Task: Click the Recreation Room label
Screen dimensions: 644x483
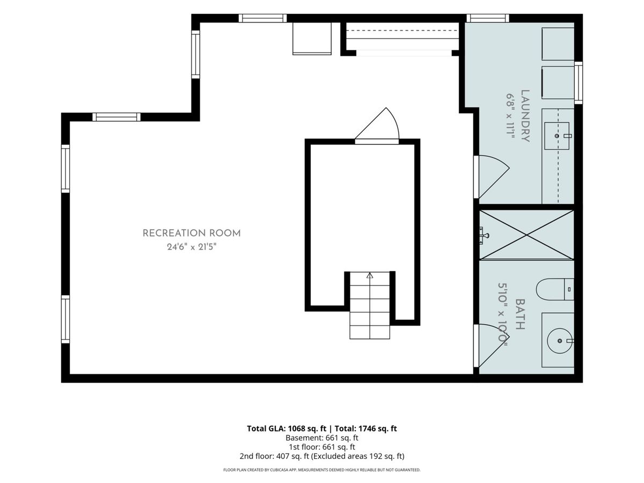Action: pos(191,233)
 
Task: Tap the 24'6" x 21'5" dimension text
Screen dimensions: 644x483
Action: pos(192,247)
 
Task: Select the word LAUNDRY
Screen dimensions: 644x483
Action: pos(525,116)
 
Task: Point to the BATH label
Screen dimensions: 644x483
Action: pos(520,314)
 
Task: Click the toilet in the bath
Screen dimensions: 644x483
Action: pos(554,289)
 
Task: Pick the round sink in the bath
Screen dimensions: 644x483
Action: pos(560,341)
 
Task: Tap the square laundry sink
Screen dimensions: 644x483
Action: pos(557,136)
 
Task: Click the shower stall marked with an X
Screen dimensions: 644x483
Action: pos(526,235)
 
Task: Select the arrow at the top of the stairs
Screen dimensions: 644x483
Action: pos(370,276)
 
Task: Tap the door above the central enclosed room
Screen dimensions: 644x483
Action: pos(377,126)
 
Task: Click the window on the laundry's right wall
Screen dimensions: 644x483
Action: pos(579,83)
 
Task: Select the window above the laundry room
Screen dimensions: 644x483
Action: pos(488,18)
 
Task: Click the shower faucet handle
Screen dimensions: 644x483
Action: pos(484,235)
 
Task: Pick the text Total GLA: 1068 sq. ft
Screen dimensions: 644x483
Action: pos(287,428)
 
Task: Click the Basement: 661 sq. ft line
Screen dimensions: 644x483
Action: pos(322,438)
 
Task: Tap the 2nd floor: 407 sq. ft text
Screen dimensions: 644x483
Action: pos(274,456)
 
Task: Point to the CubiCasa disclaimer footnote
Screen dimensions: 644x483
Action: pos(322,470)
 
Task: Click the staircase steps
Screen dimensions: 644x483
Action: pos(370,305)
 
